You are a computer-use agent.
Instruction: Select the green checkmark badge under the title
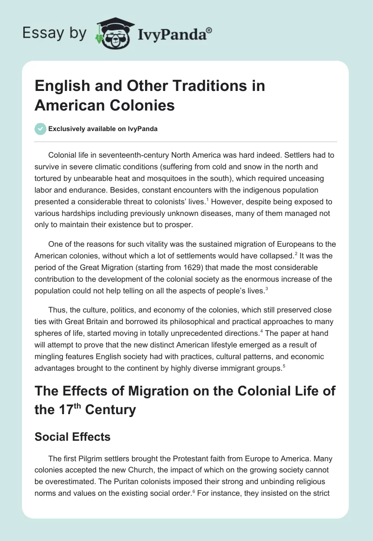point(41,129)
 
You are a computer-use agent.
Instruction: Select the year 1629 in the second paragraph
point(222,268)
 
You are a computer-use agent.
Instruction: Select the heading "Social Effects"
point(73,437)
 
